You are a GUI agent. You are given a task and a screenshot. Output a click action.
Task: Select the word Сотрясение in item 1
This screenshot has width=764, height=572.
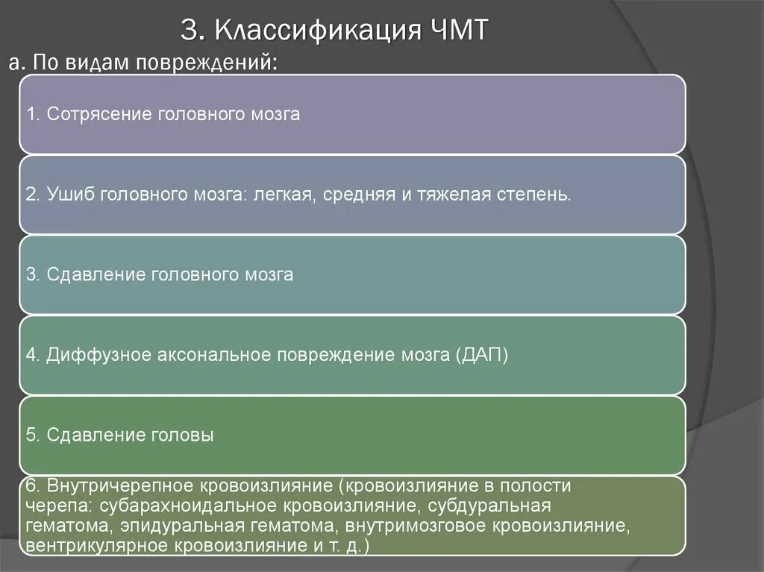click(x=99, y=114)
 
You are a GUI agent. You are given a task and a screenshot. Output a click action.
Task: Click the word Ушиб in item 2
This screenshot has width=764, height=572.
click(x=65, y=195)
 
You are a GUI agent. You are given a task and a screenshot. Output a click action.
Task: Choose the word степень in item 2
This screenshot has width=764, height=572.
click(x=536, y=195)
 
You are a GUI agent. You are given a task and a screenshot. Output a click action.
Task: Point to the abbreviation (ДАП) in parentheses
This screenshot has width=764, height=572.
click(x=480, y=355)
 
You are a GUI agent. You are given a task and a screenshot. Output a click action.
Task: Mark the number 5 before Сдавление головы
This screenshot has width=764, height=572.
click(x=30, y=435)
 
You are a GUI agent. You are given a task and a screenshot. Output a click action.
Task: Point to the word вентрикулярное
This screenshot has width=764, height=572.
click(x=97, y=546)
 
